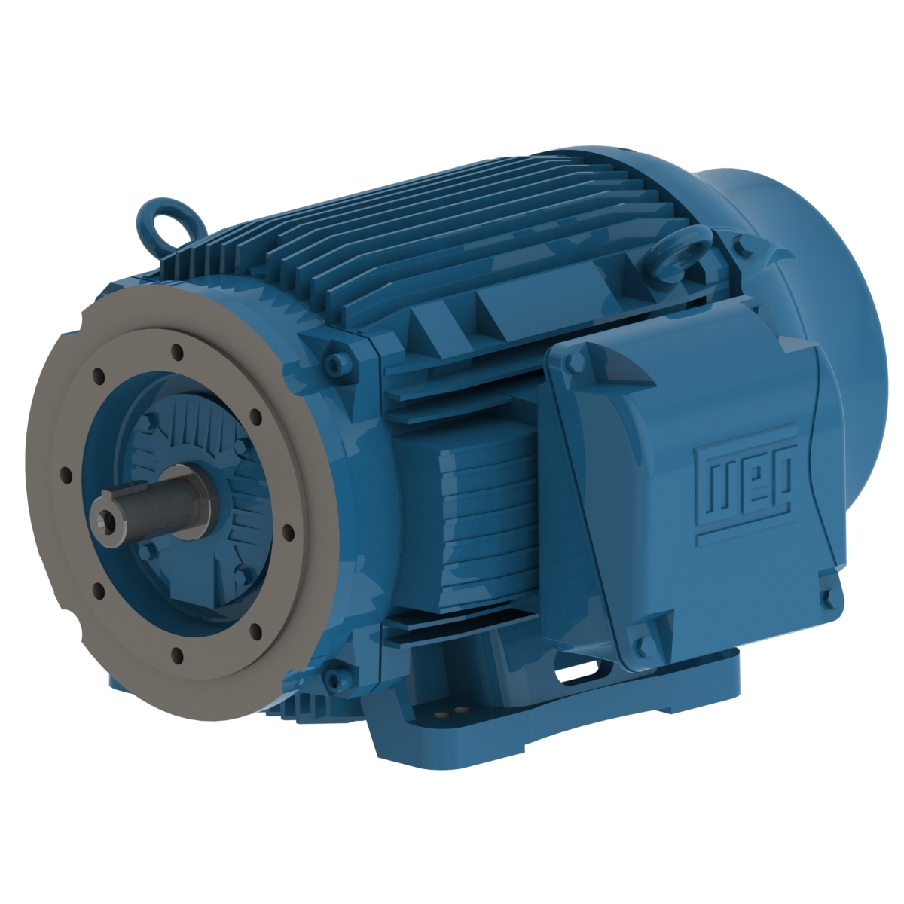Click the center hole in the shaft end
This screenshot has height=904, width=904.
coord(103,519)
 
